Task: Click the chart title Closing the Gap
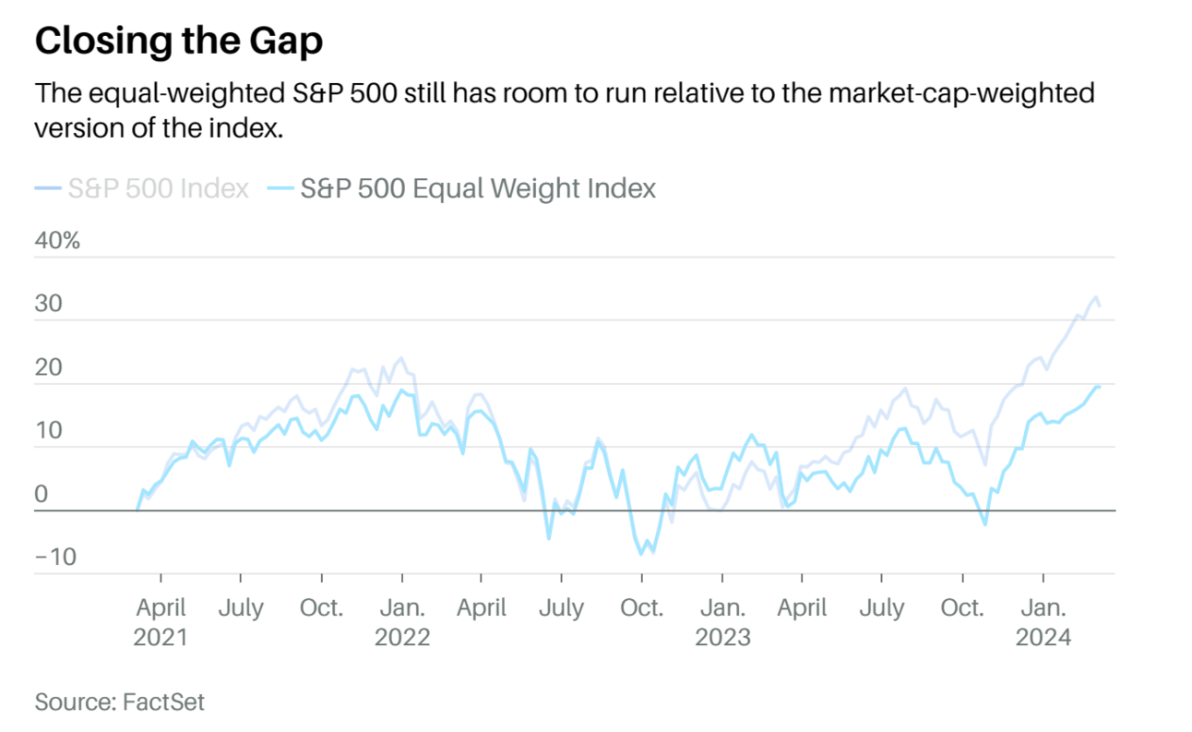[x=179, y=41]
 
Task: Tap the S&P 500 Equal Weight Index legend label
[x=478, y=188]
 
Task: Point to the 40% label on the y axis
[x=57, y=241]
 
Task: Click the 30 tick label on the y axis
[x=48, y=304]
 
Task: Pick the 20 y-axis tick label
[x=48, y=367]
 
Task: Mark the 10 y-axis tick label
[x=48, y=430]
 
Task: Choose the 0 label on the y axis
[x=41, y=494]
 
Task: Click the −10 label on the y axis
[x=54, y=558]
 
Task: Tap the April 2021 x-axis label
[x=161, y=622]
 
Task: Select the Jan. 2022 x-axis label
[x=402, y=622]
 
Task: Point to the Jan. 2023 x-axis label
[x=722, y=622]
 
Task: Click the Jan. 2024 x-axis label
[x=1043, y=622]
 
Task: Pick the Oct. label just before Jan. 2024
[x=962, y=608]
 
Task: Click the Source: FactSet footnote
[x=120, y=702]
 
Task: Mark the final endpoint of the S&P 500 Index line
[x=1099, y=306]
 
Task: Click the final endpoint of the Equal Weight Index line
[x=1099, y=387]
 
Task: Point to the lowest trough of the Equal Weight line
[x=641, y=554]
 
